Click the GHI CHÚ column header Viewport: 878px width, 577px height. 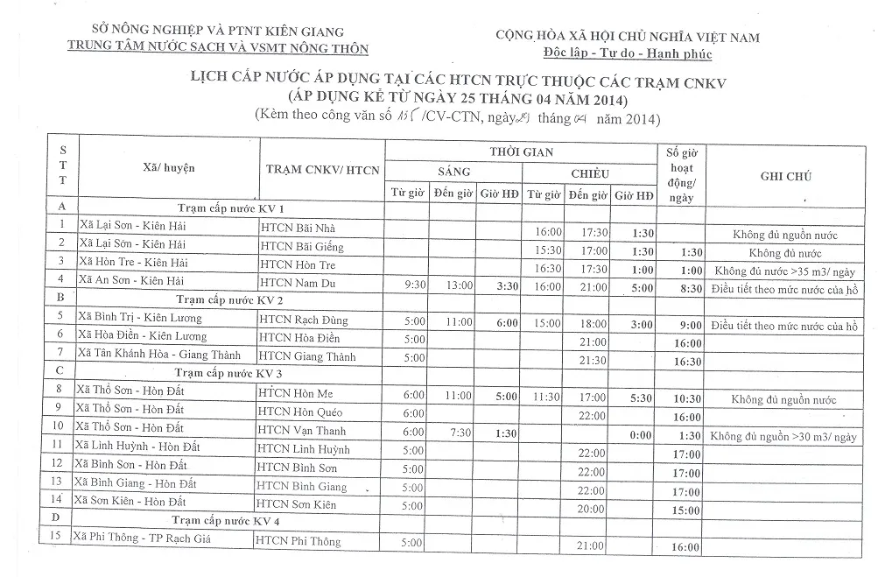(786, 176)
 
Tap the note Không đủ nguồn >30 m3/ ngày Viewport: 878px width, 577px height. (783, 435)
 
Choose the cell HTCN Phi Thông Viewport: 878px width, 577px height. (299, 542)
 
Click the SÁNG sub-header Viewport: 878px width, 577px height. (453, 172)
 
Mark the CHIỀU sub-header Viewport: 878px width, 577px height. (589, 173)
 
